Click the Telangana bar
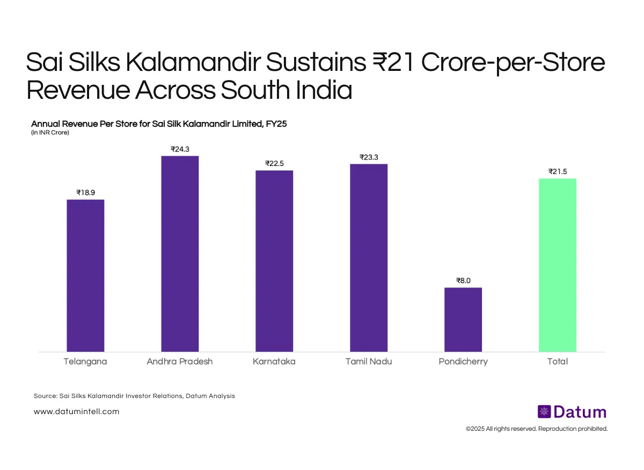tap(85, 276)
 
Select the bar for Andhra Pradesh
tap(180, 254)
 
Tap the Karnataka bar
tap(274, 261)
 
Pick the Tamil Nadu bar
tap(369, 258)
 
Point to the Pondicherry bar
tap(463, 320)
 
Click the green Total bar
tap(558, 265)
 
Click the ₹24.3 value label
tap(180, 149)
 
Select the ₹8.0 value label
tap(463, 280)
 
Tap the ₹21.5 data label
tap(558, 171)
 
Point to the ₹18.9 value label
tap(85, 192)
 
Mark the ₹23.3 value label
tap(369, 157)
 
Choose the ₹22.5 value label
tap(274, 163)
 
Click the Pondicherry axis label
tap(463, 361)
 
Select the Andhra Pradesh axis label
tap(180, 361)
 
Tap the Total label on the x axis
tap(558, 361)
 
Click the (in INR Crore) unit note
tap(50, 133)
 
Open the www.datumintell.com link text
tap(76, 411)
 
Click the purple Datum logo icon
tap(544, 412)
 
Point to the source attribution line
tap(134, 396)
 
